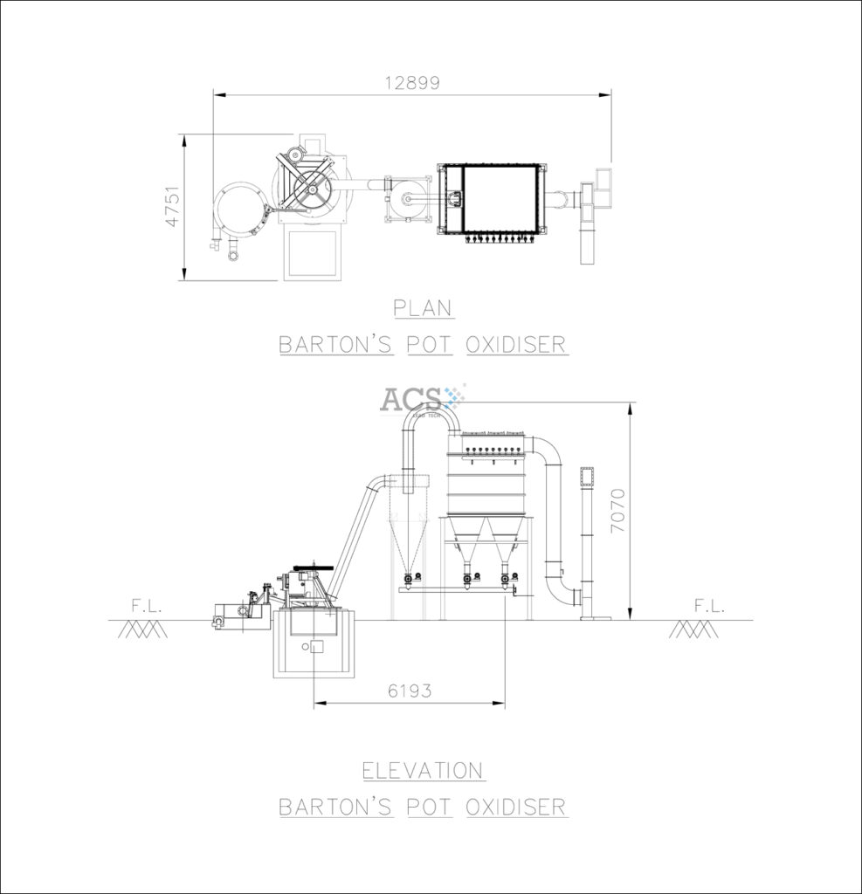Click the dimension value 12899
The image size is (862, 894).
pyautogui.click(x=412, y=83)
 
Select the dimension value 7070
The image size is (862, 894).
pyautogui.click(x=617, y=511)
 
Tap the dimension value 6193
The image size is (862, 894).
pyautogui.click(x=410, y=691)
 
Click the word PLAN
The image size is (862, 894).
pyautogui.click(x=423, y=308)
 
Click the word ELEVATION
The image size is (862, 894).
pyautogui.click(x=424, y=771)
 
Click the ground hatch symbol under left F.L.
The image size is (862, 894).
pyautogui.click(x=142, y=629)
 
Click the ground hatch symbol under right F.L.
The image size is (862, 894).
pyautogui.click(x=694, y=629)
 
